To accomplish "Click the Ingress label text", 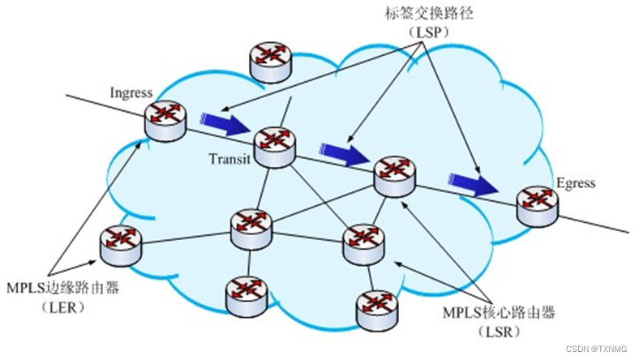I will [x=130, y=92].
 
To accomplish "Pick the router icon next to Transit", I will [x=274, y=144].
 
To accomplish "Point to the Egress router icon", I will [x=538, y=204].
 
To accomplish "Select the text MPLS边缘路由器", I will [x=51, y=289].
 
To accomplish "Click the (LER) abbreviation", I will [x=51, y=309].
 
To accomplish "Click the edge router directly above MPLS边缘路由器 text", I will [x=120, y=244].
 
